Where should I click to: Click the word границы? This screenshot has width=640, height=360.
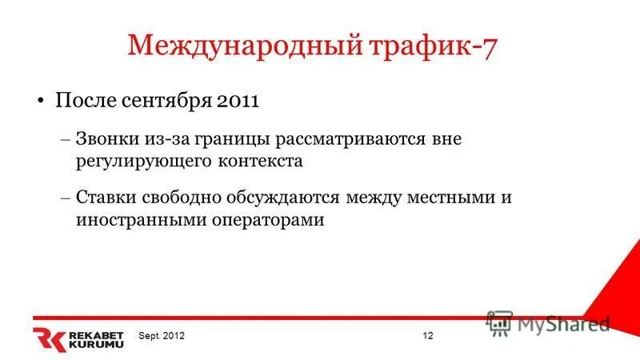coord(231,138)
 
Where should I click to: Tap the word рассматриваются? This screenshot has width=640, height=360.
coord(339,138)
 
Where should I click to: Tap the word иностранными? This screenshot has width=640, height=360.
coord(132,219)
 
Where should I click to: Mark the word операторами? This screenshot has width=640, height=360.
coord(266,219)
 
